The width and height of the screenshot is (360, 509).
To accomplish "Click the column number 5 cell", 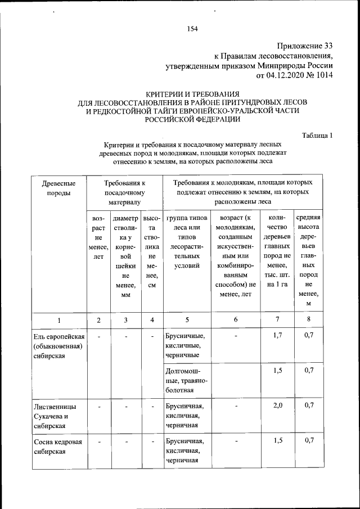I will click(x=187, y=320).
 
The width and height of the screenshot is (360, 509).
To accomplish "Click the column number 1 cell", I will click(x=59, y=320).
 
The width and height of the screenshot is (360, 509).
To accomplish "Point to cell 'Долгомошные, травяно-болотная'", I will click(x=187, y=381).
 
